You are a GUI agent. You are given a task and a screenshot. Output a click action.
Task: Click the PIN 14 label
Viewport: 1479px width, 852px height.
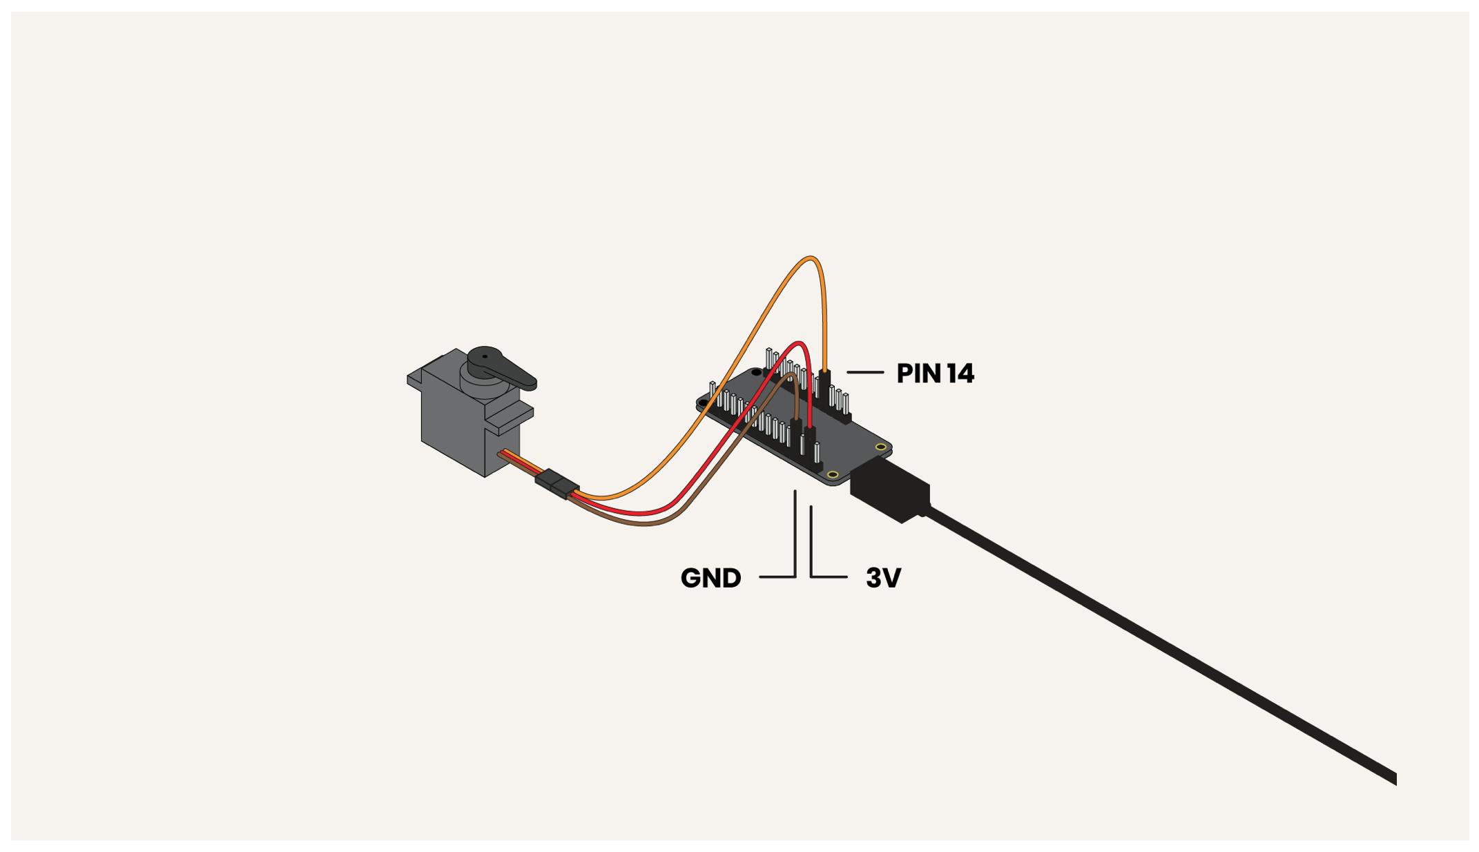pos(935,374)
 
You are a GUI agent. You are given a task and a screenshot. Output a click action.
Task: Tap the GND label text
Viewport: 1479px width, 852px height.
pos(710,578)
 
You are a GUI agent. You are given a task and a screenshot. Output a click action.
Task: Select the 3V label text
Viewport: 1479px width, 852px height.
pos(883,578)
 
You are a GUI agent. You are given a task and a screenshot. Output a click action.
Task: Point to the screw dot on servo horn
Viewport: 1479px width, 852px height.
pos(484,358)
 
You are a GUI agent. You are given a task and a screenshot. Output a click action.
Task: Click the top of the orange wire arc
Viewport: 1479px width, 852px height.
pos(810,259)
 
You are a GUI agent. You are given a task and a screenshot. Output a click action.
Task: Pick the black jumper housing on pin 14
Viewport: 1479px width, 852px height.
pos(824,381)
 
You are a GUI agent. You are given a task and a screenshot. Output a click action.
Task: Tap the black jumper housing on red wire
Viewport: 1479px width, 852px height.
pos(810,435)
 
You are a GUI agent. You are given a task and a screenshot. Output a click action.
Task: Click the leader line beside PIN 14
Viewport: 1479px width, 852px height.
pos(865,372)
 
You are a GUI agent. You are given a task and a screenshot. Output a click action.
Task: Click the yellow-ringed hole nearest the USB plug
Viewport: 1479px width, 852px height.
pos(833,474)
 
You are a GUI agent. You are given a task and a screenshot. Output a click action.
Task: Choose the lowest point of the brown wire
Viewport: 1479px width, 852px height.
pos(646,524)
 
